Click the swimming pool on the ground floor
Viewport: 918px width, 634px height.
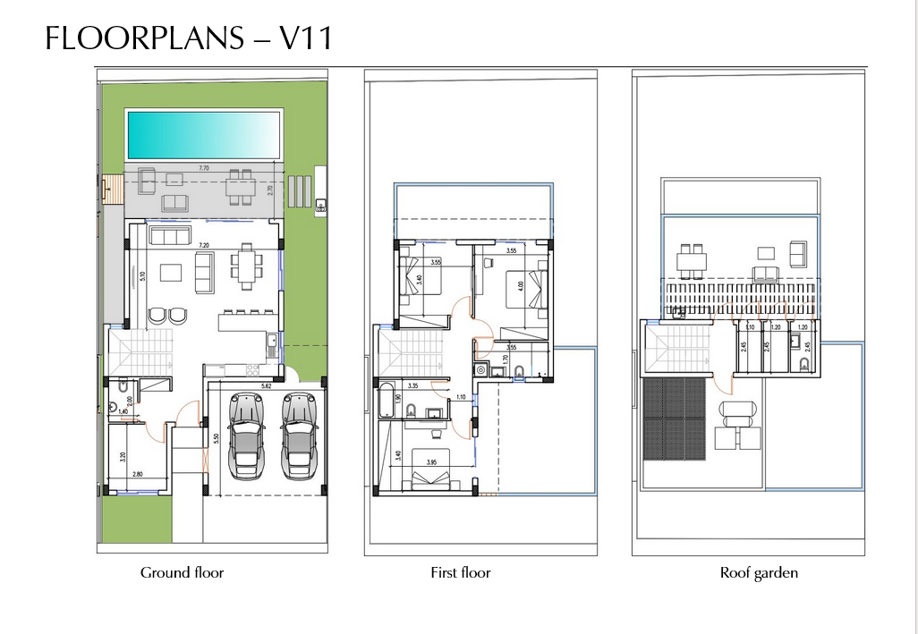click(x=199, y=134)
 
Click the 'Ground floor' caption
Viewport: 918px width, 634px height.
click(x=182, y=572)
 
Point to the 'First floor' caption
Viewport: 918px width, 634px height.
click(x=460, y=572)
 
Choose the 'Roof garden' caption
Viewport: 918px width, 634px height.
click(x=759, y=572)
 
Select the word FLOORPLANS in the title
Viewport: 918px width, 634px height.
click(x=140, y=38)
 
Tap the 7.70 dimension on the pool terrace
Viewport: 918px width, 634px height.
click(x=203, y=168)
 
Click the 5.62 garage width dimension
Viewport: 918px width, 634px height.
click(x=266, y=386)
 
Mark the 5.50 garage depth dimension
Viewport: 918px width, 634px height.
click(x=216, y=439)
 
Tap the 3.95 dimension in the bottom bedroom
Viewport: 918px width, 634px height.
click(x=430, y=462)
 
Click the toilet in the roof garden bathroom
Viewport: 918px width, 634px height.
click(x=803, y=362)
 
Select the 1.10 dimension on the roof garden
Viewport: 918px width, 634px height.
click(x=751, y=328)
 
